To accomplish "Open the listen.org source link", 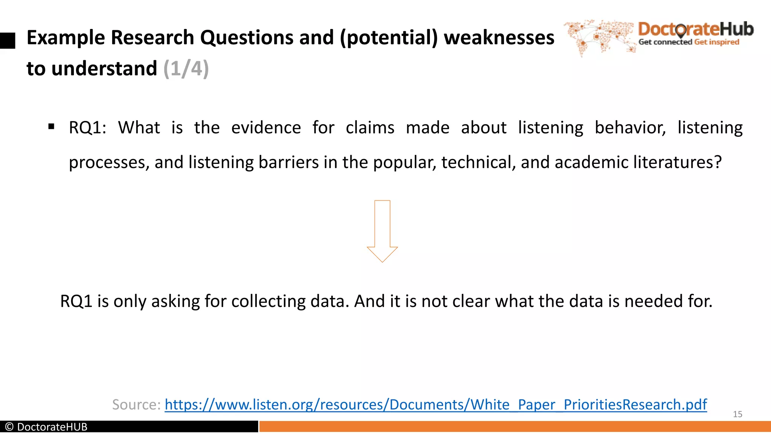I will [x=436, y=405].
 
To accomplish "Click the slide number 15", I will [x=737, y=414].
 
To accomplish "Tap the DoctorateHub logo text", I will [x=696, y=29].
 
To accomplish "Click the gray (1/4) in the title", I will [x=186, y=69].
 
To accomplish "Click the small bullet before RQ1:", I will [x=52, y=127].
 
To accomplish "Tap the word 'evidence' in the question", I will [x=266, y=128].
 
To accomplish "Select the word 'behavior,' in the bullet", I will [x=630, y=128].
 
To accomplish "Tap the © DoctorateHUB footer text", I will [x=46, y=427].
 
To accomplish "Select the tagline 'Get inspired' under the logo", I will [x=716, y=42].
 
